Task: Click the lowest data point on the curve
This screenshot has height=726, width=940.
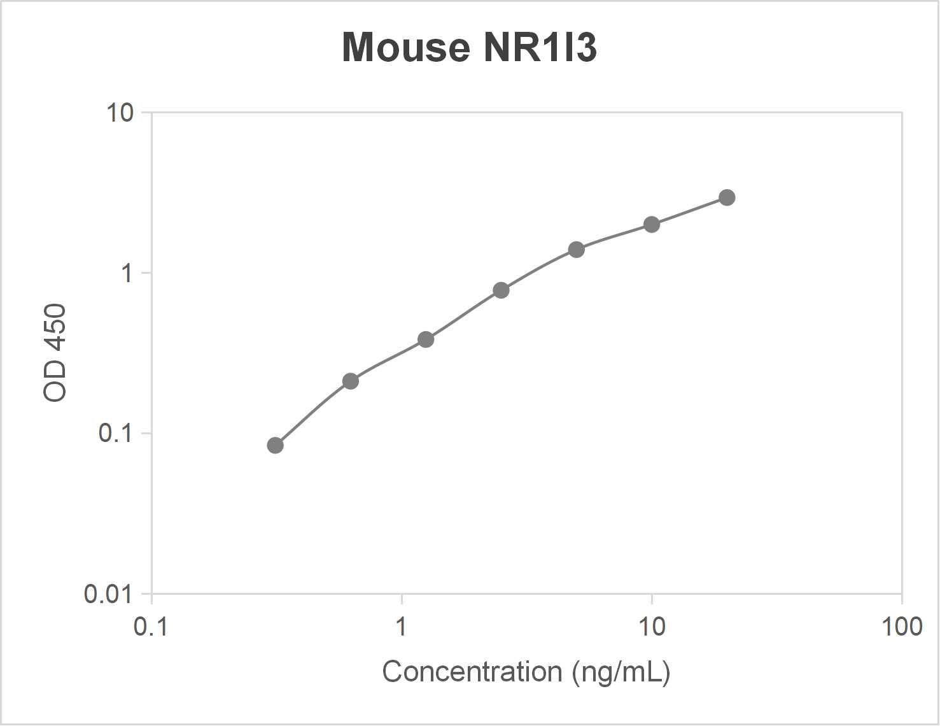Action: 275,445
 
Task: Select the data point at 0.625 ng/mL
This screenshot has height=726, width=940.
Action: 351,381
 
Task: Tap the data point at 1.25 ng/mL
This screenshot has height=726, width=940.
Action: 426,339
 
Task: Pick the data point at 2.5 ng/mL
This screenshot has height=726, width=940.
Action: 501,290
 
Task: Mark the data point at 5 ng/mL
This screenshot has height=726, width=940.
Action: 577,250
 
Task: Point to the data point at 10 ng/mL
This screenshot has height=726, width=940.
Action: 652,224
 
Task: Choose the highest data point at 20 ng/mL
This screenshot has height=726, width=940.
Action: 727,197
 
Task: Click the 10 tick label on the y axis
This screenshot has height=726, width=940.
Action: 120,113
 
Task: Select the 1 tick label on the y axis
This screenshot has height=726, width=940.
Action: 127,273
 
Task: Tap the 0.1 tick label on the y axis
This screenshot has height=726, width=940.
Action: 115,434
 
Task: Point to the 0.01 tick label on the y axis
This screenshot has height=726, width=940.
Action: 108,594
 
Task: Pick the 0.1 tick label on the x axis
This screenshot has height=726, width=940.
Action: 151,627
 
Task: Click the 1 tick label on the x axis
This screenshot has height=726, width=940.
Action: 401,627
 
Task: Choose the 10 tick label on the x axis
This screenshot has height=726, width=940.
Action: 652,627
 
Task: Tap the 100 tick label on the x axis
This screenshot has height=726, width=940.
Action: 901,627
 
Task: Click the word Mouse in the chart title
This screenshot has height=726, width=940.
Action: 406,48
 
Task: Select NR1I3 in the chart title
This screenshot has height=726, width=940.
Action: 540,48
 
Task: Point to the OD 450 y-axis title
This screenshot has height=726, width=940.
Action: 55,353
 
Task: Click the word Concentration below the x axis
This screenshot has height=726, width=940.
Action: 472,672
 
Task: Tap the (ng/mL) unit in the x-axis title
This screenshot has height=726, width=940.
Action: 621,673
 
